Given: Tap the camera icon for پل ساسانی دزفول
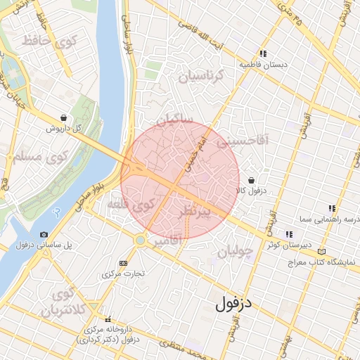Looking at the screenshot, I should pyautogui.click(x=44, y=234).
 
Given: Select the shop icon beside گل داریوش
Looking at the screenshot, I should pyautogui.click(x=65, y=118).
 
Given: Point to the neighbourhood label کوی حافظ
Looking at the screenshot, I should pyautogui.click(x=48, y=40).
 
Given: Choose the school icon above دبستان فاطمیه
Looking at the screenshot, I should pyautogui.click(x=263, y=53).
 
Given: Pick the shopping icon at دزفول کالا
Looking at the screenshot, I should pyautogui.click(x=252, y=180).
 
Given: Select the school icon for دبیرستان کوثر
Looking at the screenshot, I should pyautogui.click(x=288, y=234).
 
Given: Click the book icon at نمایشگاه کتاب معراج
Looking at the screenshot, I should pyautogui.click(x=322, y=251).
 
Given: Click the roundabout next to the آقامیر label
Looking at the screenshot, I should pyautogui.click(x=141, y=240).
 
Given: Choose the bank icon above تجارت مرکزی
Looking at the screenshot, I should pyautogui.click(x=124, y=263).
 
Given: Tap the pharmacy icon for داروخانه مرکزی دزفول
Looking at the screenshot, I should pyautogui.click(x=108, y=319).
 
